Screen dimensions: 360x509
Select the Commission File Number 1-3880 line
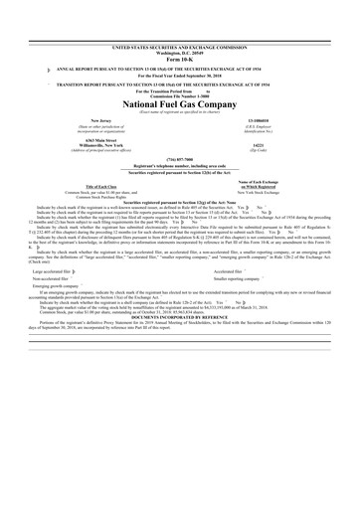click(180, 68)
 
